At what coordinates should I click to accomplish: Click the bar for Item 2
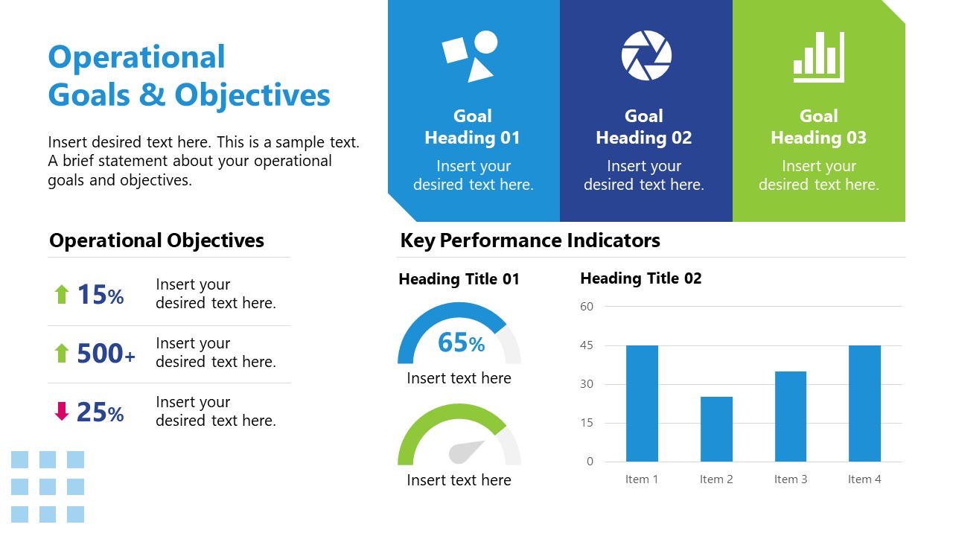tap(716, 429)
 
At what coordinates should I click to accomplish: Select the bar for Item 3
tap(790, 416)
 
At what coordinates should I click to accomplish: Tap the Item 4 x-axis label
tap(864, 479)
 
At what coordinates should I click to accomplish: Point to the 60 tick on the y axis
tap(587, 307)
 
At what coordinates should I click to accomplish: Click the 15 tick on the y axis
tap(587, 423)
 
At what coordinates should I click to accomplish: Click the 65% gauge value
tap(461, 342)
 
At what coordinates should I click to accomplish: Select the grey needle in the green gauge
tap(467, 452)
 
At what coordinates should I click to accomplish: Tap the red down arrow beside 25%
tap(62, 412)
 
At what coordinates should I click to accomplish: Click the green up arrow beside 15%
tap(62, 295)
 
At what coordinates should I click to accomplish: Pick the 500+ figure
tap(106, 354)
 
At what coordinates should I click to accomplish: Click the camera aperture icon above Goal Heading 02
tap(646, 55)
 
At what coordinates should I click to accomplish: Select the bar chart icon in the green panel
tap(819, 57)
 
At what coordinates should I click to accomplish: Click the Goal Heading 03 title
tap(818, 127)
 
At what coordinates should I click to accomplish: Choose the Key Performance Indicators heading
tap(529, 240)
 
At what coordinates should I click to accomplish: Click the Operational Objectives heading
tap(156, 240)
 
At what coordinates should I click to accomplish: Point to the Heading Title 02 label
tap(640, 278)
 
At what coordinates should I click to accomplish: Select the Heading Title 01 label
tap(459, 279)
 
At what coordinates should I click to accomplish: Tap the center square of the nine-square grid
tap(48, 487)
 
